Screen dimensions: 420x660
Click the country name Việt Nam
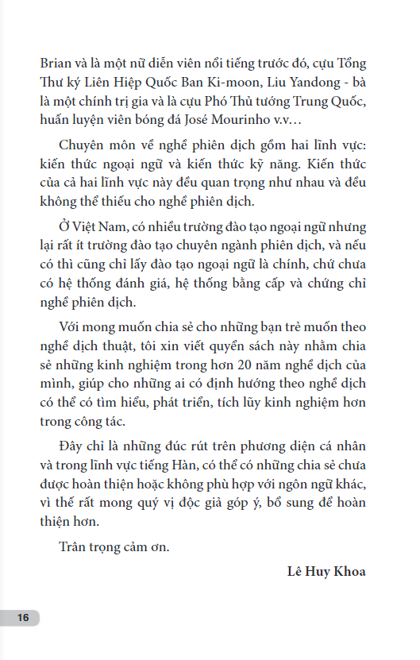[x=98, y=226]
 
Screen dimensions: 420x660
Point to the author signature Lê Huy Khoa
[x=326, y=572]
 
